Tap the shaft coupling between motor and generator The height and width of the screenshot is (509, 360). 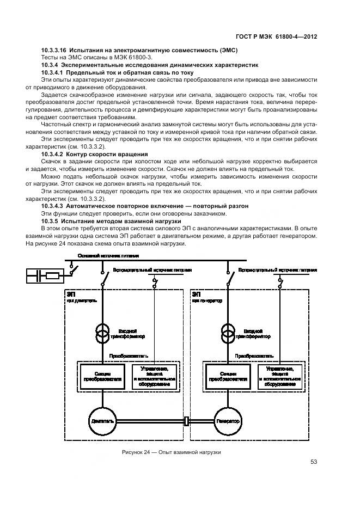point(187,420)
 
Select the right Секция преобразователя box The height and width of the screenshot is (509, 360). point(228,377)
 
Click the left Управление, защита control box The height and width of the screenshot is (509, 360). point(157,377)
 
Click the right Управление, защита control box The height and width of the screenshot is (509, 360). point(280,377)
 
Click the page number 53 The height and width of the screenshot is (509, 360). point(314,462)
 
